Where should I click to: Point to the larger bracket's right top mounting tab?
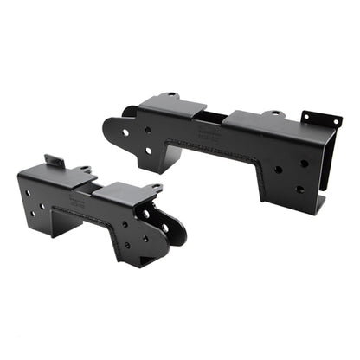point(273,112)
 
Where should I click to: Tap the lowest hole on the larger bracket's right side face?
point(299,189)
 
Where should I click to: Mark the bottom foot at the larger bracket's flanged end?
point(319,206)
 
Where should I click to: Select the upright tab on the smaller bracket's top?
point(55,161)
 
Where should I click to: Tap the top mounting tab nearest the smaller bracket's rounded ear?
point(153,188)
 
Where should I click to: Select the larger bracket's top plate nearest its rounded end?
point(173,107)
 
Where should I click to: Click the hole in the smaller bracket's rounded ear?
point(164,228)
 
